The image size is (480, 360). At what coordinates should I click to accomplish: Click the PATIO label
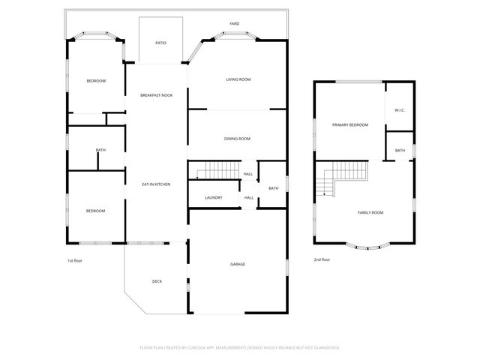click(x=160, y=43)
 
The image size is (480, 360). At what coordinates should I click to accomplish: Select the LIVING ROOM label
click(x=238, y=79)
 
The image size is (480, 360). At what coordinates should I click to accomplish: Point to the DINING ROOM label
click(x=237, y=139)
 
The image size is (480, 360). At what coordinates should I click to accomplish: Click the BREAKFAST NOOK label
click(x=156, y=96)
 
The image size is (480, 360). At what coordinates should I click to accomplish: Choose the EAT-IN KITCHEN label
click(x=156, y=184)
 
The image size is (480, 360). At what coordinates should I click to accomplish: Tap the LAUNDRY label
click(x=214, y=198)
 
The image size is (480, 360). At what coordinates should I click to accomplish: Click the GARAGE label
click(x=237, y=264)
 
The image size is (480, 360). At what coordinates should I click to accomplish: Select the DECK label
click(x=157, y=281)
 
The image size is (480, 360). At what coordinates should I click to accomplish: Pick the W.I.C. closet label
click(x=400, y=111)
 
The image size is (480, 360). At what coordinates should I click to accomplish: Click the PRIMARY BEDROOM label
click(x=350, y=124)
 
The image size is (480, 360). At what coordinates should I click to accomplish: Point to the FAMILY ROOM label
click(x=370, y=213)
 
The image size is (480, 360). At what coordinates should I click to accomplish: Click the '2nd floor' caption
click(x=322, y=259)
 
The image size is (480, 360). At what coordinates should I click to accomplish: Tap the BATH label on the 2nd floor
click(x=400, y=151)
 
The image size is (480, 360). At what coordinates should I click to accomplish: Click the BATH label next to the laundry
click(x=274, y=188)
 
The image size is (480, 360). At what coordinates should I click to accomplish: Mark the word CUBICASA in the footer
click(x=213, y=348)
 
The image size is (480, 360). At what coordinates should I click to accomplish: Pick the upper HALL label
click(x=248, y=175)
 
